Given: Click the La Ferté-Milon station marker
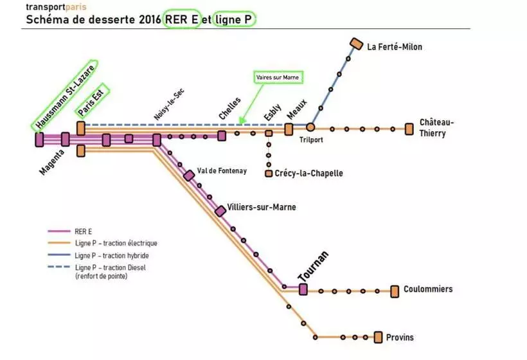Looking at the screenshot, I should (355, 44).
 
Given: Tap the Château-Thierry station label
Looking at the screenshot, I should (436, 128).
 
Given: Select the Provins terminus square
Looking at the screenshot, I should (379, 337).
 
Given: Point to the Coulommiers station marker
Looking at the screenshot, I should (395, 291).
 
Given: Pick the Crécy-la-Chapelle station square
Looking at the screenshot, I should (269, 174).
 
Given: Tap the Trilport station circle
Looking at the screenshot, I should (310, 127).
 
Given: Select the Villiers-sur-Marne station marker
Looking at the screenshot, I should (220, 211).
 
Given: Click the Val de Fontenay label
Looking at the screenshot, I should (222, 170).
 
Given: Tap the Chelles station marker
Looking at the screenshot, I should (222, 136).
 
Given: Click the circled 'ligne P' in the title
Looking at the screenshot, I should (234, 20).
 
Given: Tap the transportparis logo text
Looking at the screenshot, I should (55, 6).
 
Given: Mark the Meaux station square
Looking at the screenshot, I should (289, 129).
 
